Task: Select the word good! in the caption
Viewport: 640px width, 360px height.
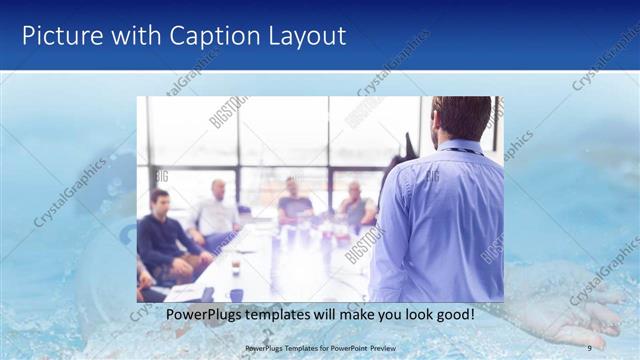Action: click(x=454, y=314)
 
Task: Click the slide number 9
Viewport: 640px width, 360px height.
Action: click(x=590, y=347)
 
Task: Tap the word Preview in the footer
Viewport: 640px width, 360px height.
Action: click(x=395, y=347)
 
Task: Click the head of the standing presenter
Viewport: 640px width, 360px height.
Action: click(x=461, y=118)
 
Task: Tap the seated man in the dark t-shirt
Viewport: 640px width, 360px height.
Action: click(x=294, y=200)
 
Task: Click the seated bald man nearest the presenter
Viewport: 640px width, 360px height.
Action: click(x=355, y=206)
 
